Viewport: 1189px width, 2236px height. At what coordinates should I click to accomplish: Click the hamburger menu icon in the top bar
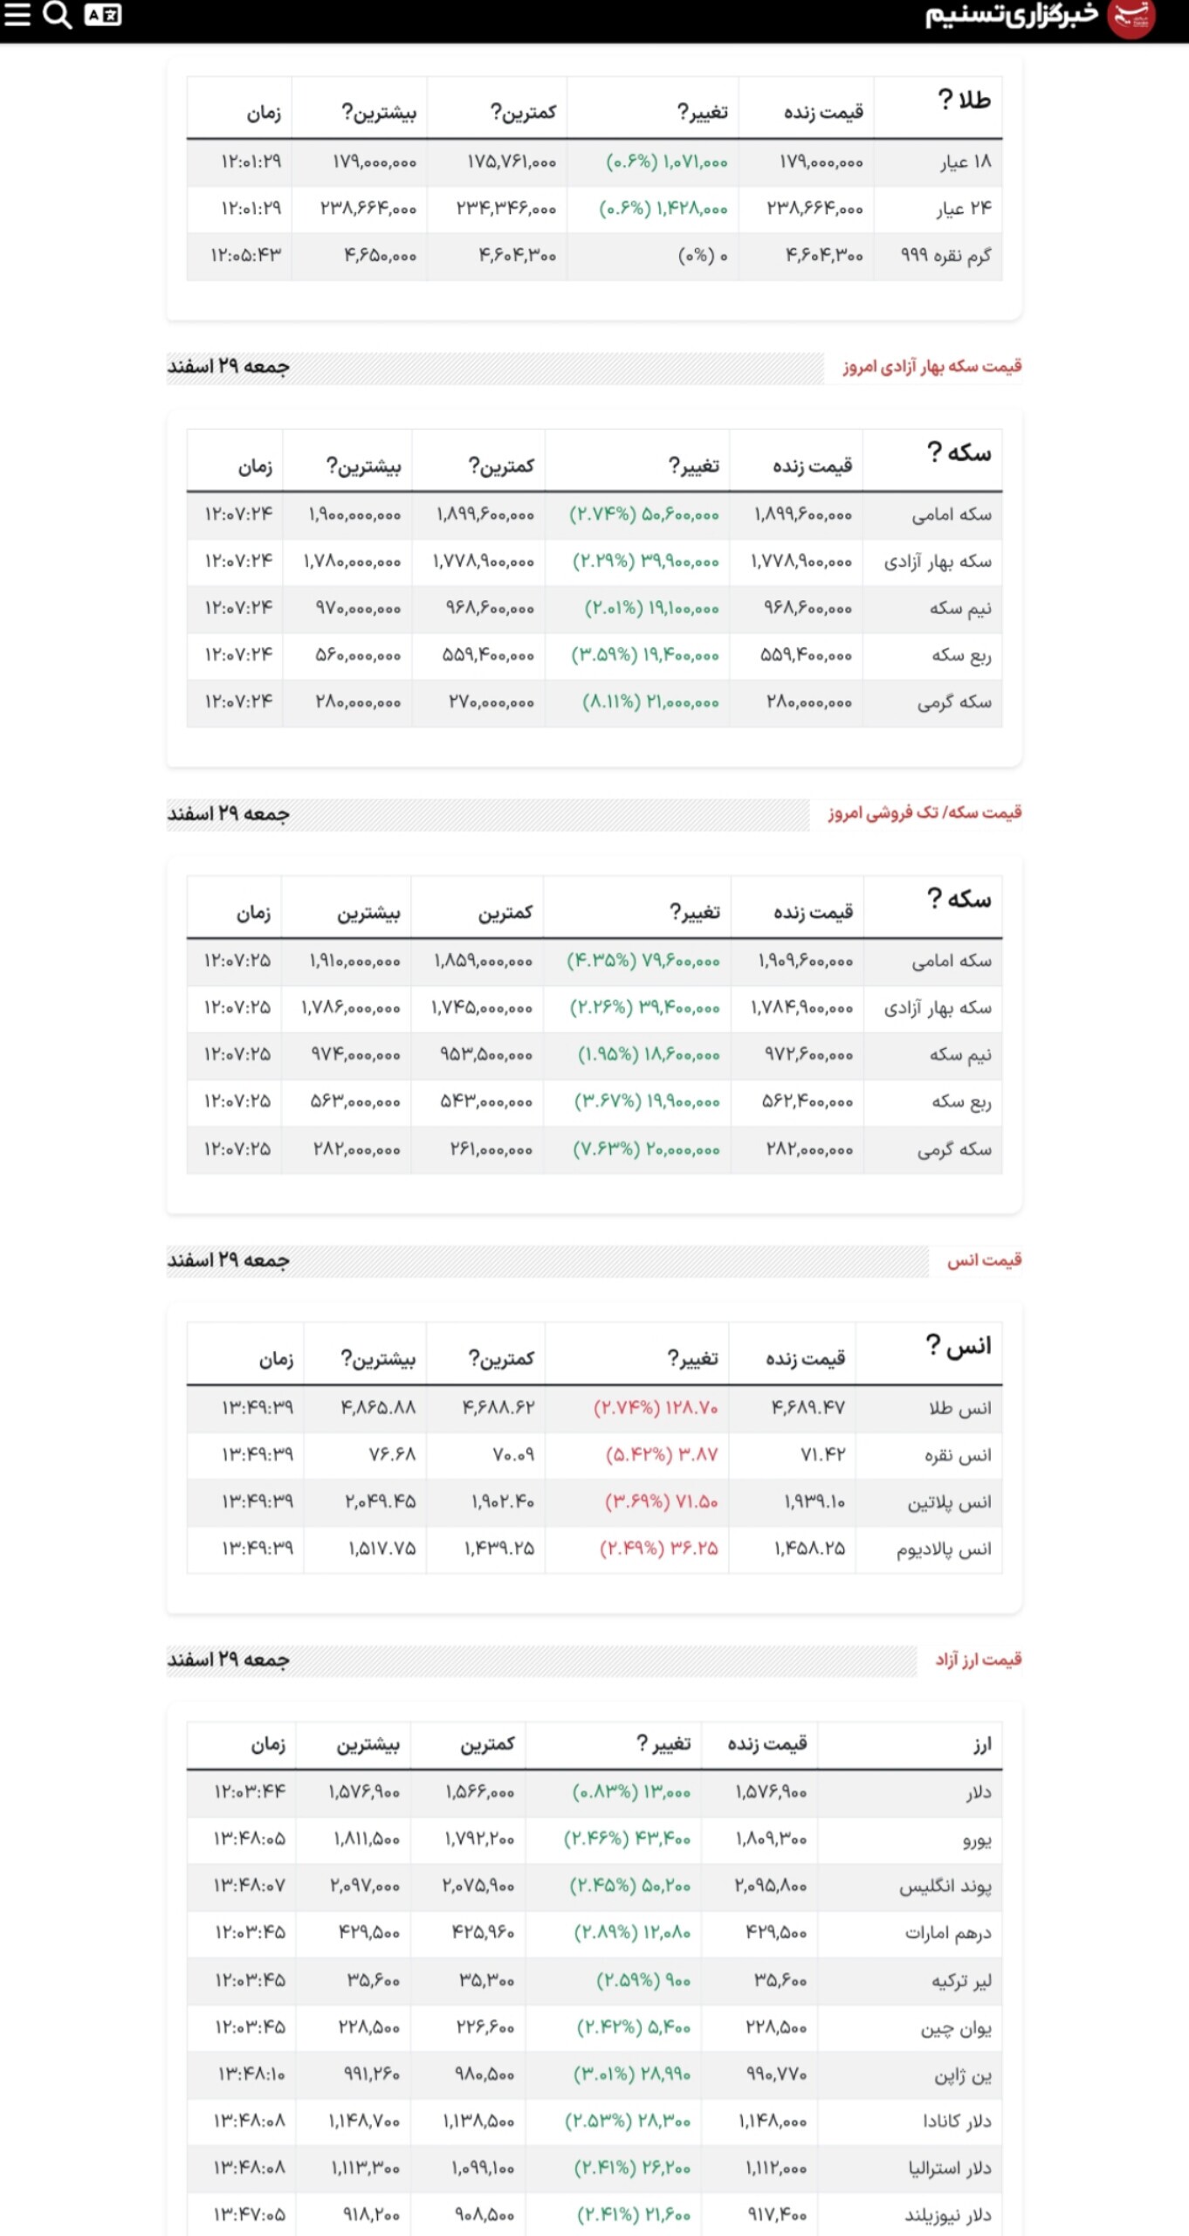[17, 15]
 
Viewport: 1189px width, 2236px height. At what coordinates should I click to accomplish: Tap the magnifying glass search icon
[58, 15]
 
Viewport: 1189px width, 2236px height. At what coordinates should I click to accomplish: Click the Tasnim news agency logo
[1040, 17]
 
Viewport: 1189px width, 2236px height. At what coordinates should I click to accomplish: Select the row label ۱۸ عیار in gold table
[965, 162]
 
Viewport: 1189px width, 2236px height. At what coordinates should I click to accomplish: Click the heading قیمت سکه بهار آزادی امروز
[931, 367]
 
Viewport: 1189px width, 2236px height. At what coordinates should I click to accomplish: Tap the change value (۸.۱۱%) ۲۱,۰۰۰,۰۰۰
[650, 702]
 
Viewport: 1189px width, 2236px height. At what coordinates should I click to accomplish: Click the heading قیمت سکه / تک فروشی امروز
[924, 813]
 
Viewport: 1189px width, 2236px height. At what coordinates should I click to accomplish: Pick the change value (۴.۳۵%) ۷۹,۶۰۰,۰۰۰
[643, 962]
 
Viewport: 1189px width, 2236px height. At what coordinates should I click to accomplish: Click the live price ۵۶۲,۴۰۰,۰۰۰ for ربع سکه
[808, 1102]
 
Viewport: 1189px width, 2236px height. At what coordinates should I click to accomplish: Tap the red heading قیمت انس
[984, 1260]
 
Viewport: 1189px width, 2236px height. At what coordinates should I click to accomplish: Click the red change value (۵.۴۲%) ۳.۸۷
[662, 1455]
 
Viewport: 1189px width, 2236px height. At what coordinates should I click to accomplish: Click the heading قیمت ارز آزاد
[978, 1660]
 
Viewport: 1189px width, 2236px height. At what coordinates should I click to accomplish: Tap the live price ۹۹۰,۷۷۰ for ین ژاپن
[776, 2074]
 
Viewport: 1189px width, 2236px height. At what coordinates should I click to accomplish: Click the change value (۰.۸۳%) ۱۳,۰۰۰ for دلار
[631, 1793]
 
